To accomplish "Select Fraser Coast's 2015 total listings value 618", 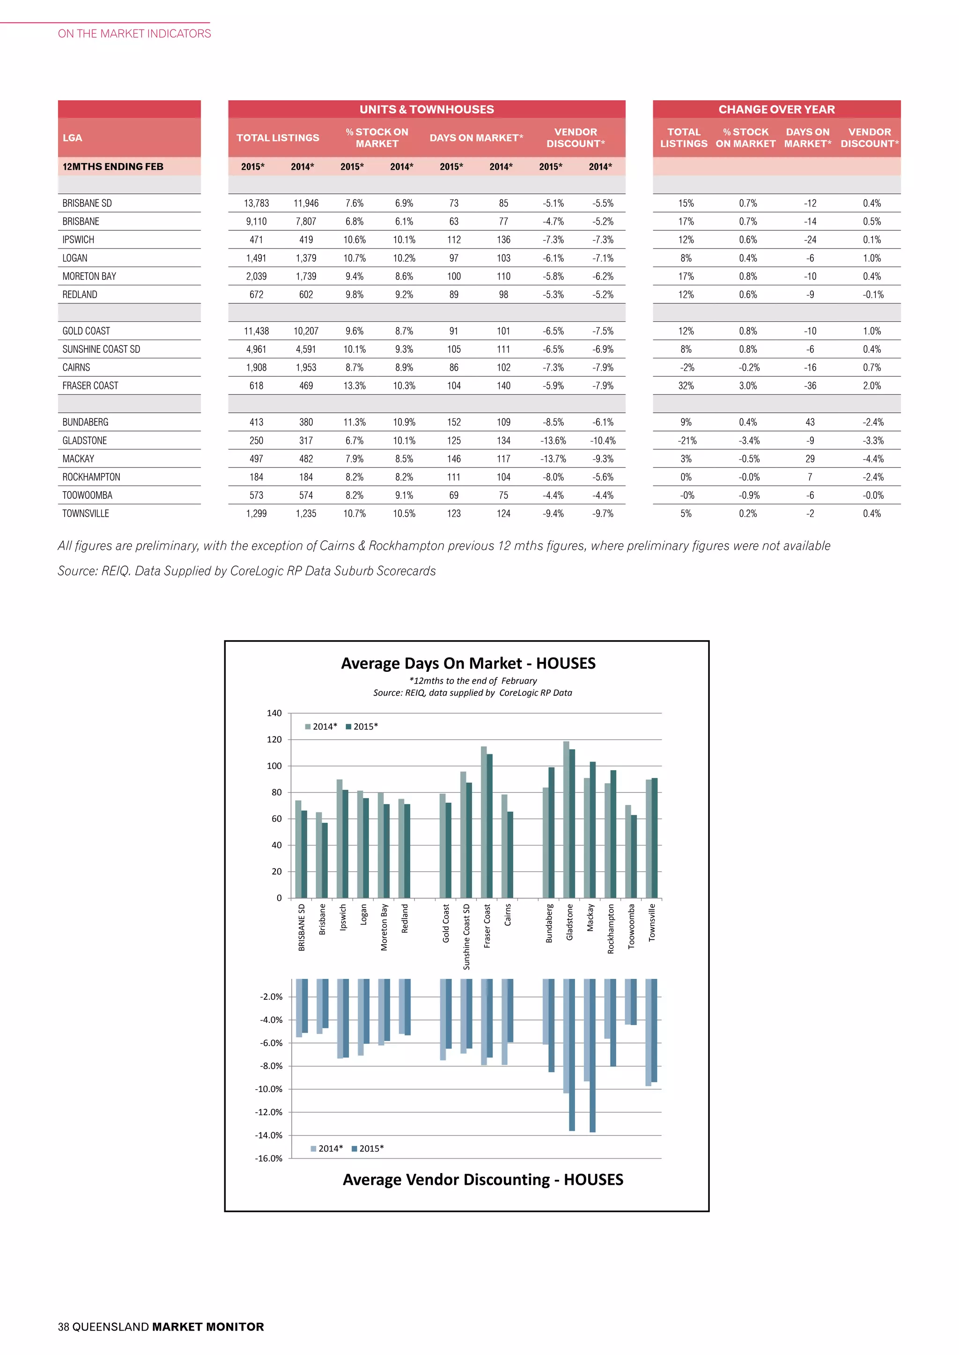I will (256, 386).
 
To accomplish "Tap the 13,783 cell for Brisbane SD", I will (256, 203).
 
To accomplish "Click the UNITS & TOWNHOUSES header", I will (427, 109).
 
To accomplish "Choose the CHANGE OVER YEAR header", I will (776, 109).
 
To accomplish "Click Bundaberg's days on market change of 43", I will (810, 422).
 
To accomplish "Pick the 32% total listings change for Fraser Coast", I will (686, 386).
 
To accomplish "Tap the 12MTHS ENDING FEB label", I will (113, 167).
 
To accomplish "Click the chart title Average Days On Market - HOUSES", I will (468, 663).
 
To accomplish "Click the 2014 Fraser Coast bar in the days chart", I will (484, 822).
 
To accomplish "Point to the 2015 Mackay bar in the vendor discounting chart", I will (592, 1055).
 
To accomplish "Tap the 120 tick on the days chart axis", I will (274, 739).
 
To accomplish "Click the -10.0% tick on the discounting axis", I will (269, 1089).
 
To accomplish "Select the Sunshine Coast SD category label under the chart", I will (466, 937).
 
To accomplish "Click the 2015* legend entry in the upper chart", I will (362, 727).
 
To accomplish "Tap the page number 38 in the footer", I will (63, 1326).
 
